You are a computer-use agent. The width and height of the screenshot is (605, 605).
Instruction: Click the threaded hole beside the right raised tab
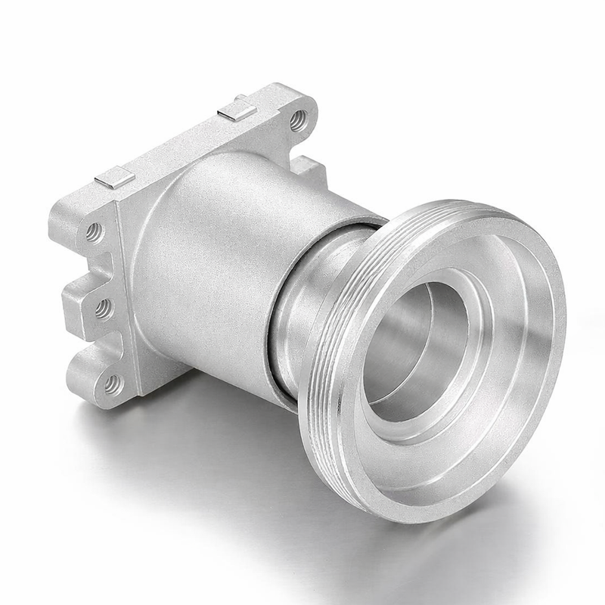click(299, 119)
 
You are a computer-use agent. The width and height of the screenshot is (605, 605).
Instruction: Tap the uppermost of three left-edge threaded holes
click(94, 231)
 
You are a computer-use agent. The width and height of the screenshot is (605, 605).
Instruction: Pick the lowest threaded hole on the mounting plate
click(112, 385)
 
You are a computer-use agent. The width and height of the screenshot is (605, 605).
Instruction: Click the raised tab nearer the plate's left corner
click(115, 178)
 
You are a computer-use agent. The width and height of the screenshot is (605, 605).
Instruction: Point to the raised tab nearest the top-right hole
click(237, 110)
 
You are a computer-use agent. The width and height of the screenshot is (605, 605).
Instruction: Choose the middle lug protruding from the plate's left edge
click(83, 302)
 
